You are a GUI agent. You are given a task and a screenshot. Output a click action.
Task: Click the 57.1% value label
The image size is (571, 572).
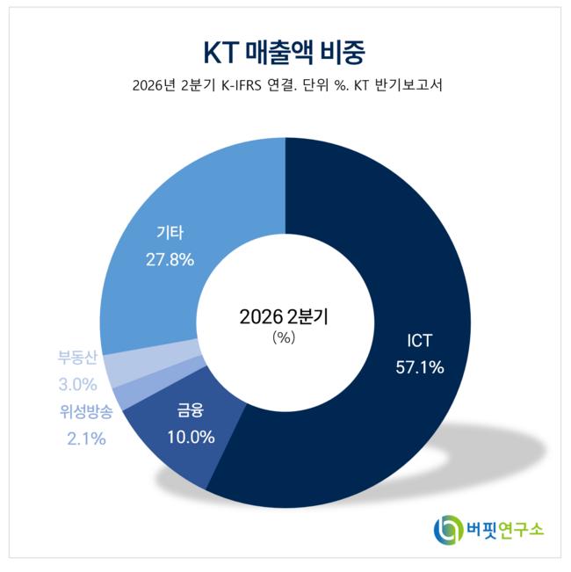(420, 367)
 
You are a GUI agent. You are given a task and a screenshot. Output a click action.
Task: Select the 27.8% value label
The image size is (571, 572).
(170, 260)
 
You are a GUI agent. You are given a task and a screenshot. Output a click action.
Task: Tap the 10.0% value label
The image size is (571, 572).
(191, 437)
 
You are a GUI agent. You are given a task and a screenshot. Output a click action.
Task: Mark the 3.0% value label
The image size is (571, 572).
(77, 384)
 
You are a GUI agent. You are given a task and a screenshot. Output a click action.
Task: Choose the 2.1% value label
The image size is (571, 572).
(86, 438)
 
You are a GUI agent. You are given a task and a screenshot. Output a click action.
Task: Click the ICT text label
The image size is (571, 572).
(419, 340)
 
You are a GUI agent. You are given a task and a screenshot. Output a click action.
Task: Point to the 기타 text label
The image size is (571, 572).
(170, 233)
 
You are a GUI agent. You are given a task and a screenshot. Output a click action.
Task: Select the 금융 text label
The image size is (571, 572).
(191, 409)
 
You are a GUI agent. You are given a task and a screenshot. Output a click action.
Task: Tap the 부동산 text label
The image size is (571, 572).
(77, 357)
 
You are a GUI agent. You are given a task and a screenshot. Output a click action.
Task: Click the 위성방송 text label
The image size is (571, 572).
(86, 411)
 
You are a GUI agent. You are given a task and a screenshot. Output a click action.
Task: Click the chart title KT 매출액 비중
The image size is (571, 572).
(284, 53)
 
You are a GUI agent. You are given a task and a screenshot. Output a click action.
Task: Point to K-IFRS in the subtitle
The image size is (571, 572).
(242, 85)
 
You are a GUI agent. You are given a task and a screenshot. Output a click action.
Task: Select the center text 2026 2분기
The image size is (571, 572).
(284, 316)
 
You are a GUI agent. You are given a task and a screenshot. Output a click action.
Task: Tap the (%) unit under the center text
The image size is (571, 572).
(284, 337)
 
